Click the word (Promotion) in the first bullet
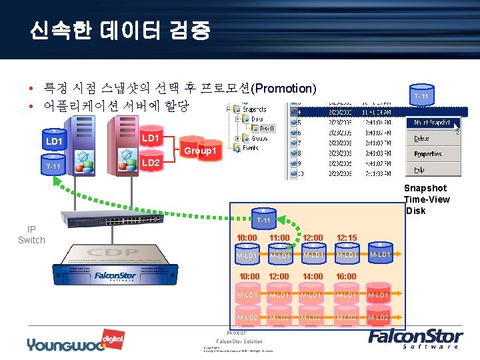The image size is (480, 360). [x=283, y=88]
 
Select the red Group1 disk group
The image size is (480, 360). [x=201, y=151]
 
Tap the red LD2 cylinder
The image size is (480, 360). [x=151, y=163]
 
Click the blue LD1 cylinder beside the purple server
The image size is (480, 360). [x=54, y=141]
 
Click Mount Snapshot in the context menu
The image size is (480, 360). [x=433, y=123]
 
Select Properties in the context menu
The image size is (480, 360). [x=427, y=154]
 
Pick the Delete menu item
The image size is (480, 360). [x=422, y=139]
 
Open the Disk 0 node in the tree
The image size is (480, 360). [x=265, y=129]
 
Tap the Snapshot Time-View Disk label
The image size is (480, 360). [x=427, y=199]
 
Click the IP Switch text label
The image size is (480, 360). [x=31, y=235]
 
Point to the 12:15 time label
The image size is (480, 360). [x=347, y=238]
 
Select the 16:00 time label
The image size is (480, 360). [x=347, y=277]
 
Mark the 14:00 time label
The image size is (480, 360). [x=313, y=277]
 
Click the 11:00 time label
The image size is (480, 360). [x=279, y=238]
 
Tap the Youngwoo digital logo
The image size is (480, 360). [x=67, y=341]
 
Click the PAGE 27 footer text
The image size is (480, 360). [x=237, y=333]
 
